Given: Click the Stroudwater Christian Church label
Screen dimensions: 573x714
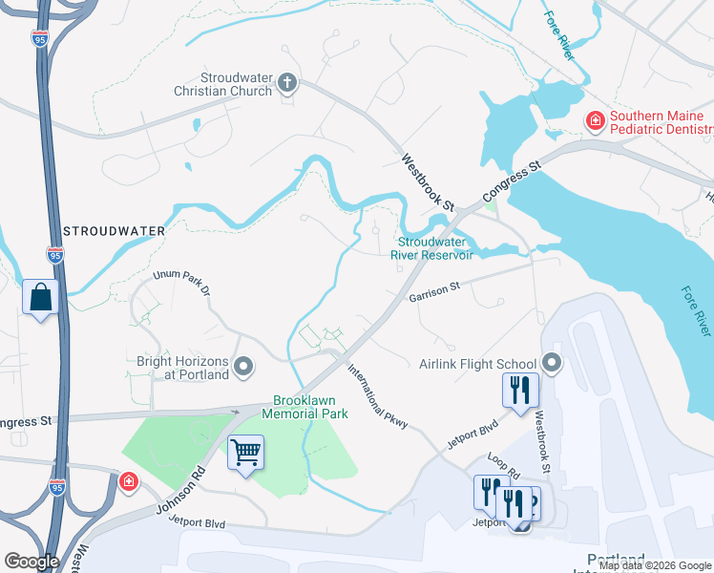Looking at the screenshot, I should (236, 84).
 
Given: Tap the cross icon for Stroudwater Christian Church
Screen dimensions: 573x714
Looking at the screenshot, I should (286, 83).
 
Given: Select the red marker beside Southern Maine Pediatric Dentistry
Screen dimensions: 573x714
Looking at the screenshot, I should (594, 120).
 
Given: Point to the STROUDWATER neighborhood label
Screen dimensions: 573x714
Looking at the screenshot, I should (114, 231).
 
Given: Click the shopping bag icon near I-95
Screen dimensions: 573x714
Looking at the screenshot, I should (41, 297).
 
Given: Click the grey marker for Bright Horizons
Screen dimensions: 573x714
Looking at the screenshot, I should (243, 366).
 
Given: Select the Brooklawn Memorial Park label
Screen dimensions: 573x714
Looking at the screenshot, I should (310, 407).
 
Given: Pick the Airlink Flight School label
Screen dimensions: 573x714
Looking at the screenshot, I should (477, 364).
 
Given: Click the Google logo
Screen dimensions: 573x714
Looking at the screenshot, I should (31, 562).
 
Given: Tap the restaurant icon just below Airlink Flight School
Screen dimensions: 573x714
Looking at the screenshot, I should (520, 390).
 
